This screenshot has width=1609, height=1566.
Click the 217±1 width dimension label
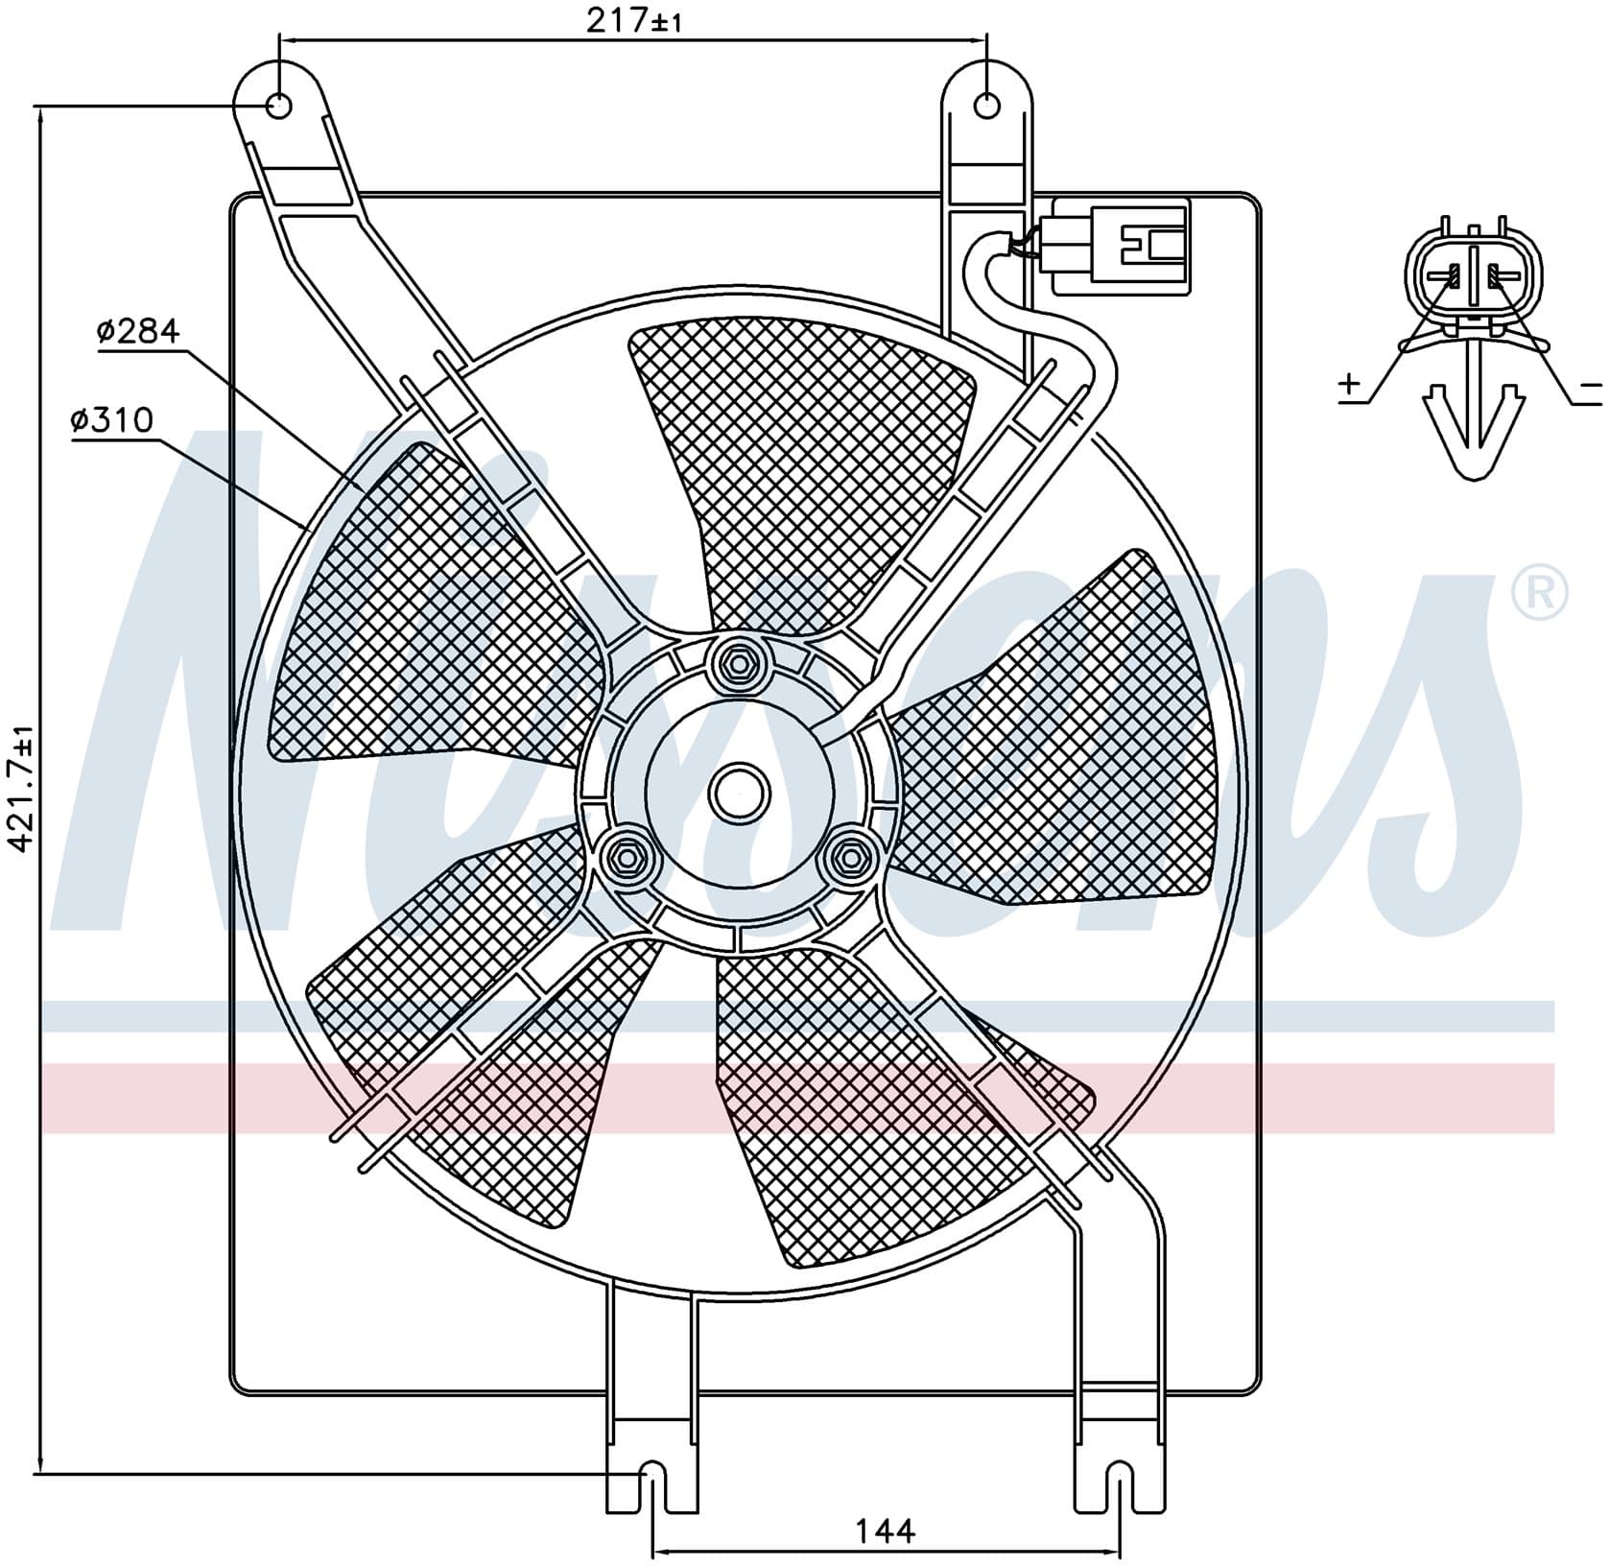click(633, 20)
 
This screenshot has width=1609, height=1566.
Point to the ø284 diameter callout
click(138, 332)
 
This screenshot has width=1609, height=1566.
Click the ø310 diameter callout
click(112, 419)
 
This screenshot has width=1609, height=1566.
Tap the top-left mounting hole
click(278, 105)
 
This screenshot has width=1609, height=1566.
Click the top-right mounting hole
click(986, 105)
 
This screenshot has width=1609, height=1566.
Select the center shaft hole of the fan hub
click(739, 793)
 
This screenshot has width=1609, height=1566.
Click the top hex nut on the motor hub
click(738, 663)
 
